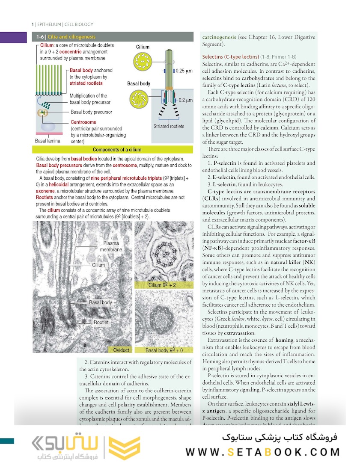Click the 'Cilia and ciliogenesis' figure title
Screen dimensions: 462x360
pyautogui.click(x=71, y=37)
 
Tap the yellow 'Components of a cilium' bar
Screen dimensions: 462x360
pyautogui.click(x=117, y=150)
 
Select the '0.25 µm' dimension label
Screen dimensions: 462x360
pyautogui.click(x=185, y=71)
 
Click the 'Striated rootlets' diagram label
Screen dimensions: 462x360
pyautogui.click(x=169, y=127)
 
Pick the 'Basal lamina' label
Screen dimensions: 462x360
pyautogui.click(x=48, y=140)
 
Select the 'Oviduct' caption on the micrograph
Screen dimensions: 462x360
pyautogui.click(x=121, y=350)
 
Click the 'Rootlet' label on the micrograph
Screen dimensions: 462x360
pyautogui.click(x=101, y=323)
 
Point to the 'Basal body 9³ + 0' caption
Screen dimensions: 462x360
pyautogui.click(x=164, y=350)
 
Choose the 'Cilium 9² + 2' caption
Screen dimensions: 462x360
pyautogui.click(x=162, y=285)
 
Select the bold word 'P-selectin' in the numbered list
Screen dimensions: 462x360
pyautogui.click(x=225, y=163)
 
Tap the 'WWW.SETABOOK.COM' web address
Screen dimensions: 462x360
pyautogui.click(x=263, y=452)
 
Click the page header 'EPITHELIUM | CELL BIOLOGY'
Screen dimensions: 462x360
pyautogui.click(x=65, y=24)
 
